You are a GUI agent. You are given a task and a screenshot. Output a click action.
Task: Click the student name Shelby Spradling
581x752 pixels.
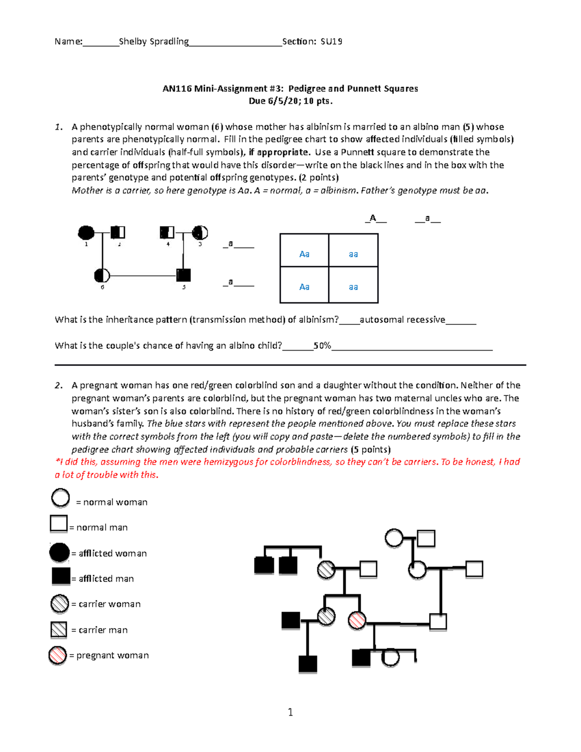pyautogui.click(x=153, y=42)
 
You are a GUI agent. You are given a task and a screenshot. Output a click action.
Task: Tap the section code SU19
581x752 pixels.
pyautogui.click(x=331, y=42)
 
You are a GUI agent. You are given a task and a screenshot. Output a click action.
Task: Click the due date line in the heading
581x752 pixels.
pyautogui.click(x=290, y=101)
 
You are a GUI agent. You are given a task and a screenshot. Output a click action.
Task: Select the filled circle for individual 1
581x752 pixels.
pyautogui.click(x=86, y=233)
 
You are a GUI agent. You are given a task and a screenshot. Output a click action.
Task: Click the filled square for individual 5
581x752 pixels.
pyautogui.click(x=183, y=275)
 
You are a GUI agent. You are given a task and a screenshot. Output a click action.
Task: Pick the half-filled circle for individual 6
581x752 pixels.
pyautogui.click(x=102, y=276)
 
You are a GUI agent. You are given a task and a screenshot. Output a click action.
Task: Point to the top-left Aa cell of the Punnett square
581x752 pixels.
pyautogui.click(x=304, y=254)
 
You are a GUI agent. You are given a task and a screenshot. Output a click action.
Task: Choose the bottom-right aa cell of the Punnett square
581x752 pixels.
pyautogui.click(x=353, y=287)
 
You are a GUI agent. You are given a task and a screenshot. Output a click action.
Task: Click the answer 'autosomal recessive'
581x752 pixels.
pyautogui.click(x=402, y=320)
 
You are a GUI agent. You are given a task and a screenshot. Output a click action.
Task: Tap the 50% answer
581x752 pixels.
pyautogui.click(x=322, y=346)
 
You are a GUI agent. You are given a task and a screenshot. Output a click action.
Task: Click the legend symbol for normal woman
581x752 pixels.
pyautogui.click(x=61, y=498)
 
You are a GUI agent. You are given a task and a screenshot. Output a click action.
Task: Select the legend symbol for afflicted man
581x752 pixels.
pyautogui.click(x=61, y=576)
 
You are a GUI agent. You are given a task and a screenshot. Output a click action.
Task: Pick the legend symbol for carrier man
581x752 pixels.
pyautogui.click(x=59, y=629)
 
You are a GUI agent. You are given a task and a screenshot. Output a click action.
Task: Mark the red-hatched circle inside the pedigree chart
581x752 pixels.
pyautogui.click(x=357, y=620)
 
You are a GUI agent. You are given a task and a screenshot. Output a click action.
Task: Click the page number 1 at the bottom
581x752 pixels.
pyautogui.click(x=290, y=712)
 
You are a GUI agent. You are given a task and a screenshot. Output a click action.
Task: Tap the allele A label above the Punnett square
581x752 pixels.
pyautogui.click(x=373, y=218)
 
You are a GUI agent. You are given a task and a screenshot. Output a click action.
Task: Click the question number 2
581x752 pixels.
pyautogui.click(x=59, y=385)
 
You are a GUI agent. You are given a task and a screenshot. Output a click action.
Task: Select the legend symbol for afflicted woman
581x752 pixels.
pyautogui.click(x=60, y=552)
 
